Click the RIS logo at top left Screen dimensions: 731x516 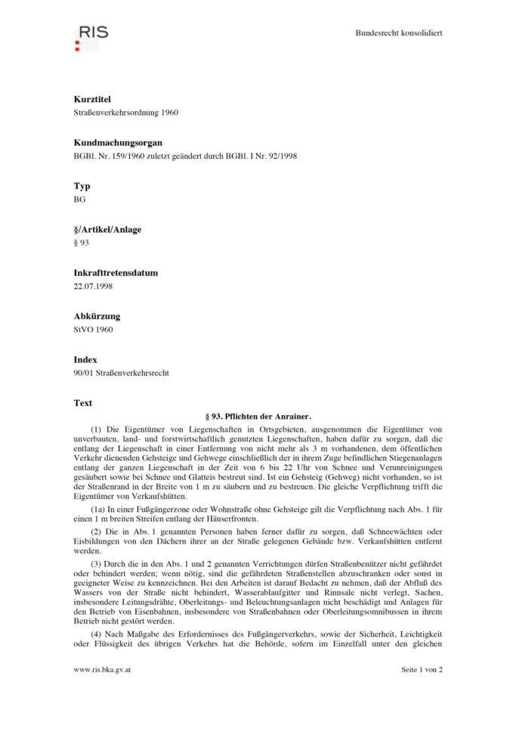91,35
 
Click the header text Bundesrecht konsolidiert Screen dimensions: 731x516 398,33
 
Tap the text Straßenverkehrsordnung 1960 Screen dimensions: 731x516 126,113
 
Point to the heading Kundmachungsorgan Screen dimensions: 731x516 118,142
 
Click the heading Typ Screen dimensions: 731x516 82,186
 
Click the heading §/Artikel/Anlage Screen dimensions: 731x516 107,229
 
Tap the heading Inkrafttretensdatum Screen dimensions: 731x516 116,273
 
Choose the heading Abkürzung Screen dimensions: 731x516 97,316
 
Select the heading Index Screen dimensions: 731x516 85,360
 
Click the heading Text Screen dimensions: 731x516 83,403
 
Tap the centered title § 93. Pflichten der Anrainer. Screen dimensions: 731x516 258,417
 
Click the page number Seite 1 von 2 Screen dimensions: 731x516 422,670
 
